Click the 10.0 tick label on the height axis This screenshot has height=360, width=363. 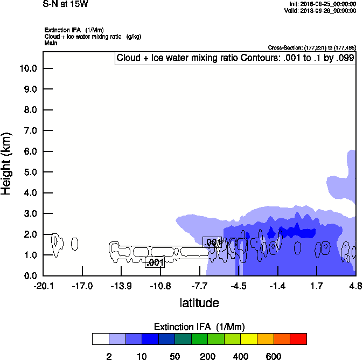pos(27,68)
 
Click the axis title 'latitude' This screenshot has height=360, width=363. pos(199,303)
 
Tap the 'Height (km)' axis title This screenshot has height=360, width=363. pos(7,164)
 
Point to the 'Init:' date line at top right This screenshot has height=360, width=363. pos(322,4)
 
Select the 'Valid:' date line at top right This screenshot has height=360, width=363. pos(320,10)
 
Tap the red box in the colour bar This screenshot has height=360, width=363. pos(298,339)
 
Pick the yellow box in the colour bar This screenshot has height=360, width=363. pos(249,339)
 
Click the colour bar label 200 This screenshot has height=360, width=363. pos(207,356)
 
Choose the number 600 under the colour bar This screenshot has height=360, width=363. pos(274,356)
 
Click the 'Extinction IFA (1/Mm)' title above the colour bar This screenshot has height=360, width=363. pos(199,327)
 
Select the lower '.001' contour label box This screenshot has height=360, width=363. pos(155,262)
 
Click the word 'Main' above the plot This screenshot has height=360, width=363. pos(50,43)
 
